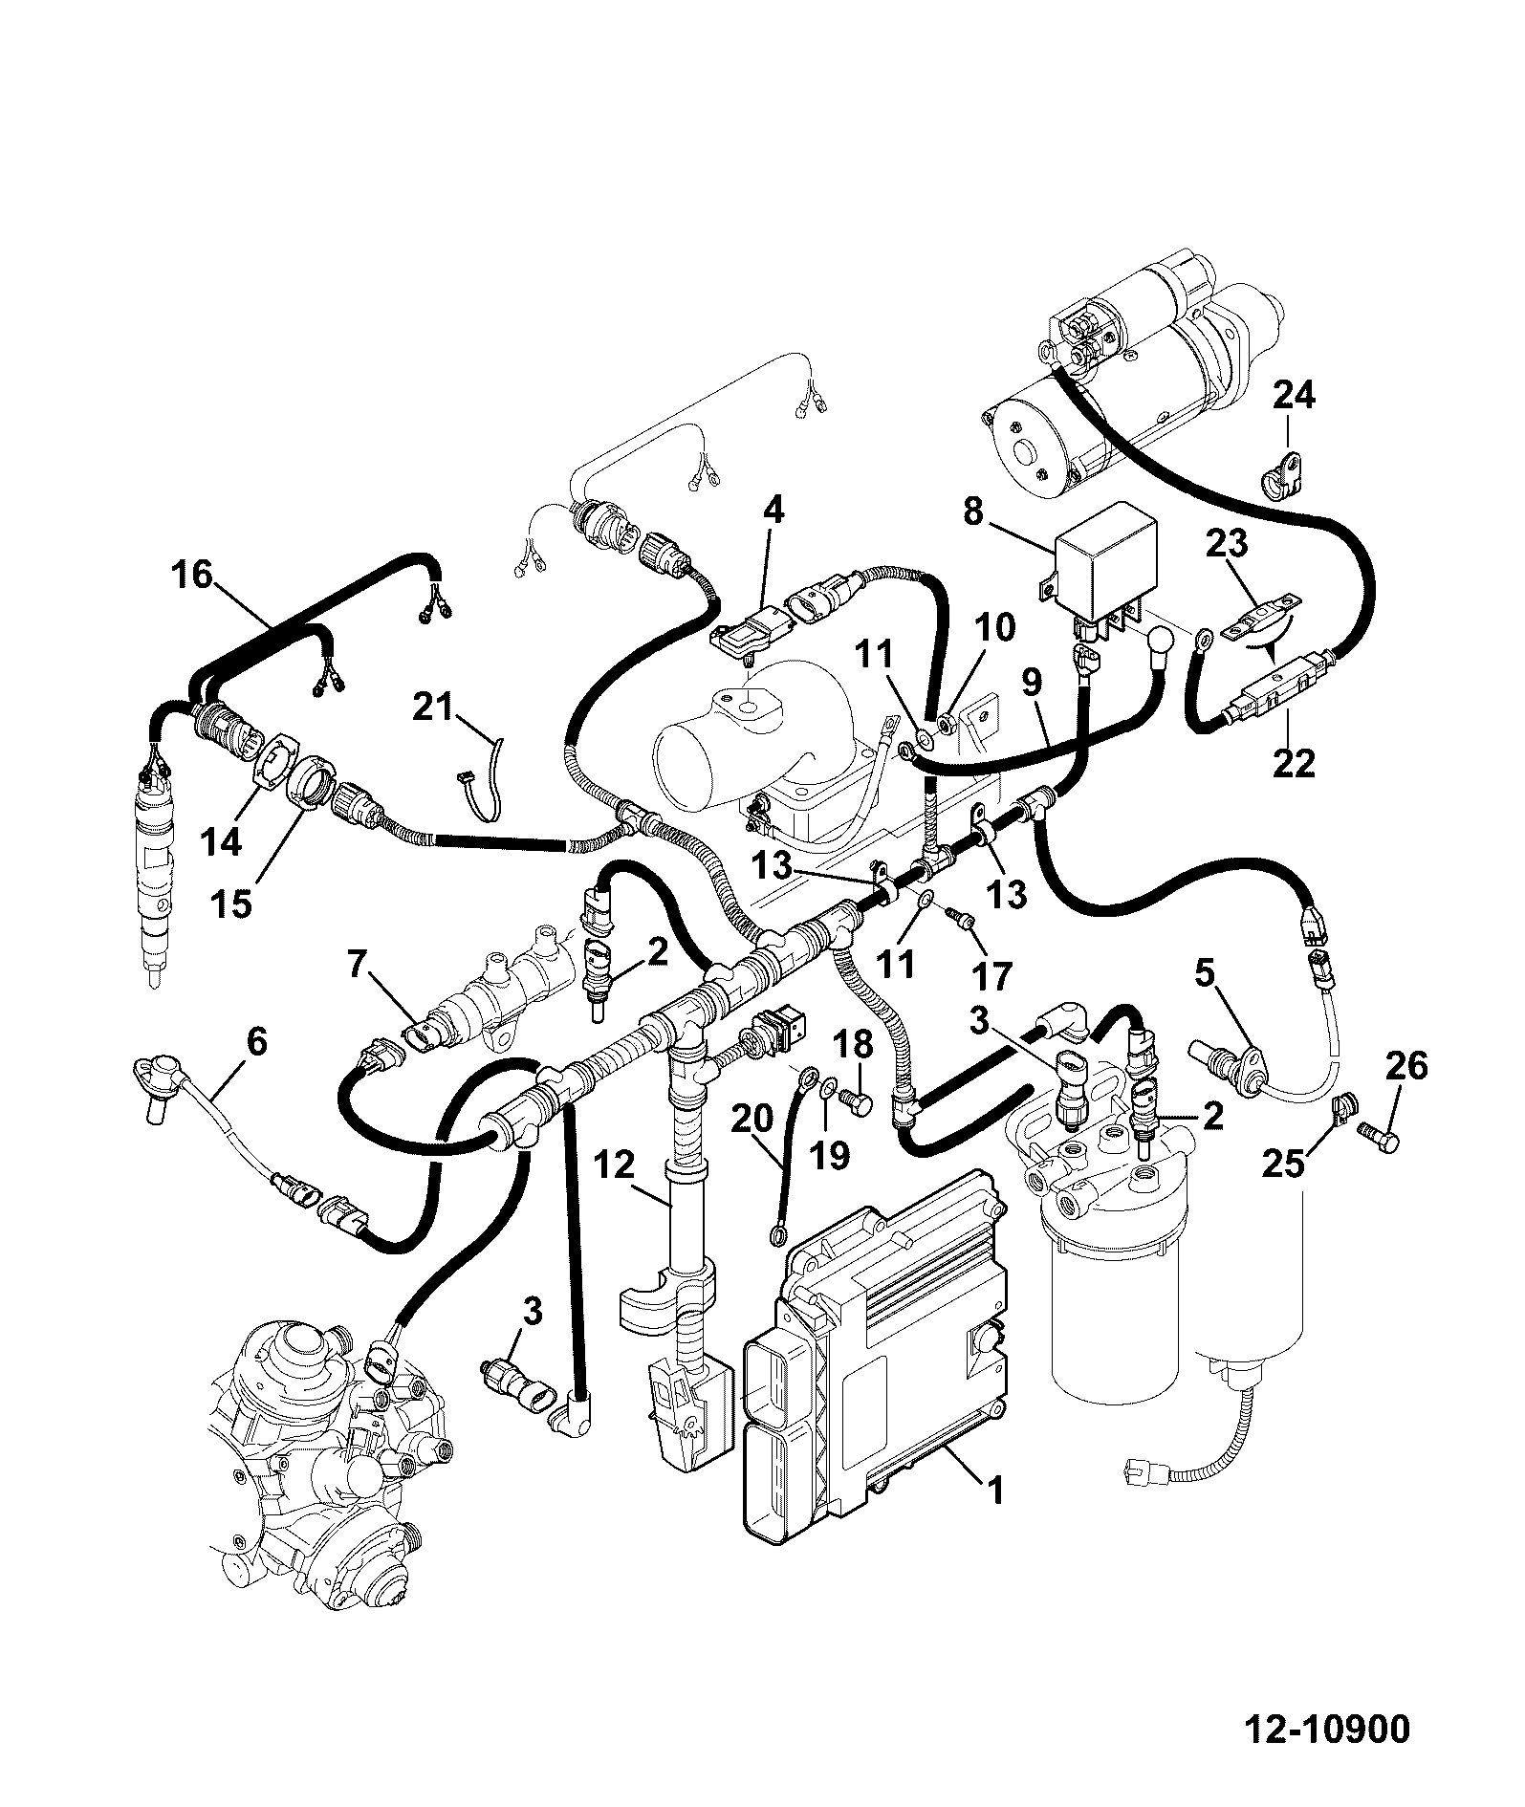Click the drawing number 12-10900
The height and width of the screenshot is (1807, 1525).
tap(1326, 1756)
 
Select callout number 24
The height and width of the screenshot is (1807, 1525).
tap(1295, 395)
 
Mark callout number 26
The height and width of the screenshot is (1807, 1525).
tap(1406, 1065)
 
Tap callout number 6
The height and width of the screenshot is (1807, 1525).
tap(256, 1041)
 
